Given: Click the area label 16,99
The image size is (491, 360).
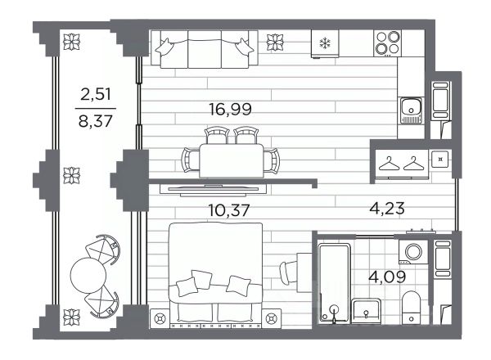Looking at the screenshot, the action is (x=230, y=110).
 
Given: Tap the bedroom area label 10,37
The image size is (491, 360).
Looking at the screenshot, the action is (x=229, y=209).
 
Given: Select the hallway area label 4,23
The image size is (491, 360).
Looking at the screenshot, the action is (x=387, y=208).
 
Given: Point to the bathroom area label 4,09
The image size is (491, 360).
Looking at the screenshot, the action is (x=388, y=277).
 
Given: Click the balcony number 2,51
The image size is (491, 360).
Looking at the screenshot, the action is (x=96, y=94).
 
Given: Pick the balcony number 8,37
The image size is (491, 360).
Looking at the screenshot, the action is (x=96, y=121).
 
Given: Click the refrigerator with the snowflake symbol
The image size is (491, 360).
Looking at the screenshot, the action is (x=325, y=43).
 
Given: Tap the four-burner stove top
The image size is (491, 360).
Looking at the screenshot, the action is (x=388, y=43).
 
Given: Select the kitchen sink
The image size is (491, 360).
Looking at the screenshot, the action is (x=411, y=110).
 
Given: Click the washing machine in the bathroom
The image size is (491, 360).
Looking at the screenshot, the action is (x=413, y=252).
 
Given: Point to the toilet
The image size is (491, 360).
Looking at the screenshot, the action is (x=411, y=307).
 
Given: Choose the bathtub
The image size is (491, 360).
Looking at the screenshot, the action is (x=334, y=283).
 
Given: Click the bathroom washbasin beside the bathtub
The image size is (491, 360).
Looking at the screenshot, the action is (x=366, y=311).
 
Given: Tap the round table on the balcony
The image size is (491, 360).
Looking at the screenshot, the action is (x=88, y=275).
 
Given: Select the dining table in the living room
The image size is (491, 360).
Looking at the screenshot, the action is (x=231, y=160).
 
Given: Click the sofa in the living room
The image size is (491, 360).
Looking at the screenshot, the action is (x=204, y=49).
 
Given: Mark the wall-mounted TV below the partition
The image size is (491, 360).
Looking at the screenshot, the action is (x=213, y=190).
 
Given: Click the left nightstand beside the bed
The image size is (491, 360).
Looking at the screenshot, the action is (x=160, y=318).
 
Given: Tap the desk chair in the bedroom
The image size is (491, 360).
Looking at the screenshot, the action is (x=287, y=272).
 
